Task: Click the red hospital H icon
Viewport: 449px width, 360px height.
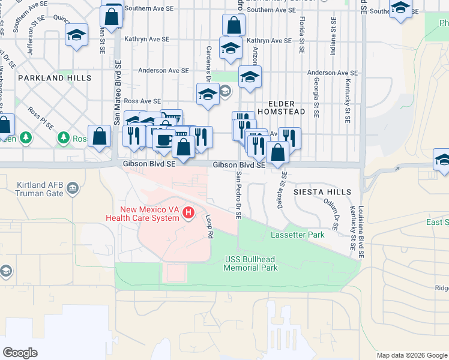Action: click(x=188, y=212)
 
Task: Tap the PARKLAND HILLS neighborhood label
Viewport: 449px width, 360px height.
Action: click(x=55, y=78)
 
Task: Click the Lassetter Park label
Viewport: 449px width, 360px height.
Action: click(x=298, y=235)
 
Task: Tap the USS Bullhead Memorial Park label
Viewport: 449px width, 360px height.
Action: click(x=250, y=263)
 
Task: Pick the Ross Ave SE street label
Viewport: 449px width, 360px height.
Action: click(x=142, y=101)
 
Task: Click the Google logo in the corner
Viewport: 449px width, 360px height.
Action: click(x=20, y=352)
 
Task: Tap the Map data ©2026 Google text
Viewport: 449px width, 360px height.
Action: click(x=411, y=355)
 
